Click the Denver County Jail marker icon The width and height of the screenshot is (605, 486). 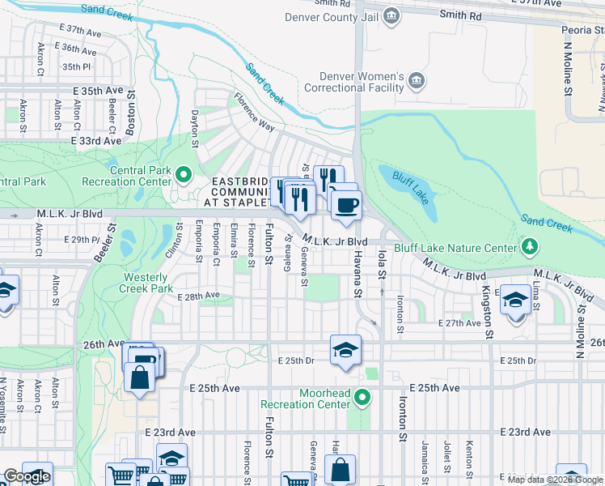click(x=391, y=15)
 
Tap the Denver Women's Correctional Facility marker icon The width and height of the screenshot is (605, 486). click(x=417, y=80)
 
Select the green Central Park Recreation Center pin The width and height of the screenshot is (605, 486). click(x=184, y=173)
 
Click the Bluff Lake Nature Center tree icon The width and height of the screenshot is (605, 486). click(x=531, y=245)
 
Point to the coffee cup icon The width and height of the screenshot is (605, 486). click(x=345, y=205)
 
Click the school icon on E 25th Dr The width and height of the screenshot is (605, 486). click(x=345, y=350)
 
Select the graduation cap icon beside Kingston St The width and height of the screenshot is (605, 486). click(x=515, y=301)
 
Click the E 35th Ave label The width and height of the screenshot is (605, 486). click(x=98, y=91)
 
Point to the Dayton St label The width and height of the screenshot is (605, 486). click(x=195, y=130)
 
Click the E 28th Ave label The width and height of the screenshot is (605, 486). click(x=198, y=296)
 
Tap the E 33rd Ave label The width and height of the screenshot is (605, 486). click(x=96, y=140)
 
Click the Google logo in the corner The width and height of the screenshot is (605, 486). click(x=27, y=477)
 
